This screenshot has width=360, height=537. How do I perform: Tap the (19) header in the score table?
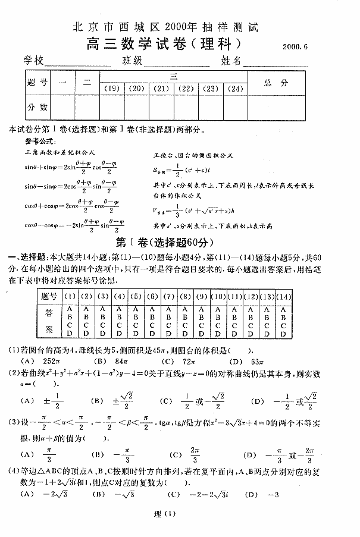coord(110,89)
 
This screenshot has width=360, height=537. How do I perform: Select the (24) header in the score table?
coord(236,89)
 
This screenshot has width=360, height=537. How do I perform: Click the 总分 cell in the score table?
coord(276,83)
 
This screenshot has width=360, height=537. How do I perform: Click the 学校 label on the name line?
coord(34,61)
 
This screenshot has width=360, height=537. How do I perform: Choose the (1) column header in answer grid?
coord(70,296)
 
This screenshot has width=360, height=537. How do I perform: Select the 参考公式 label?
coord(39,142)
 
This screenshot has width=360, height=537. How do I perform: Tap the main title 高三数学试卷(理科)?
coord(163,43)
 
